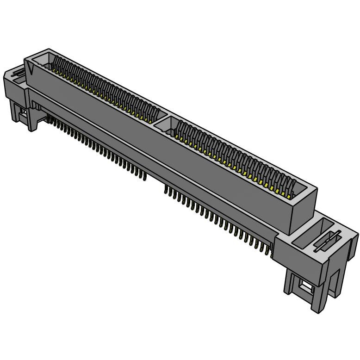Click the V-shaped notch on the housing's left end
click(x=31, y=70)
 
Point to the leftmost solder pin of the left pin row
click(x=48, y=121)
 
